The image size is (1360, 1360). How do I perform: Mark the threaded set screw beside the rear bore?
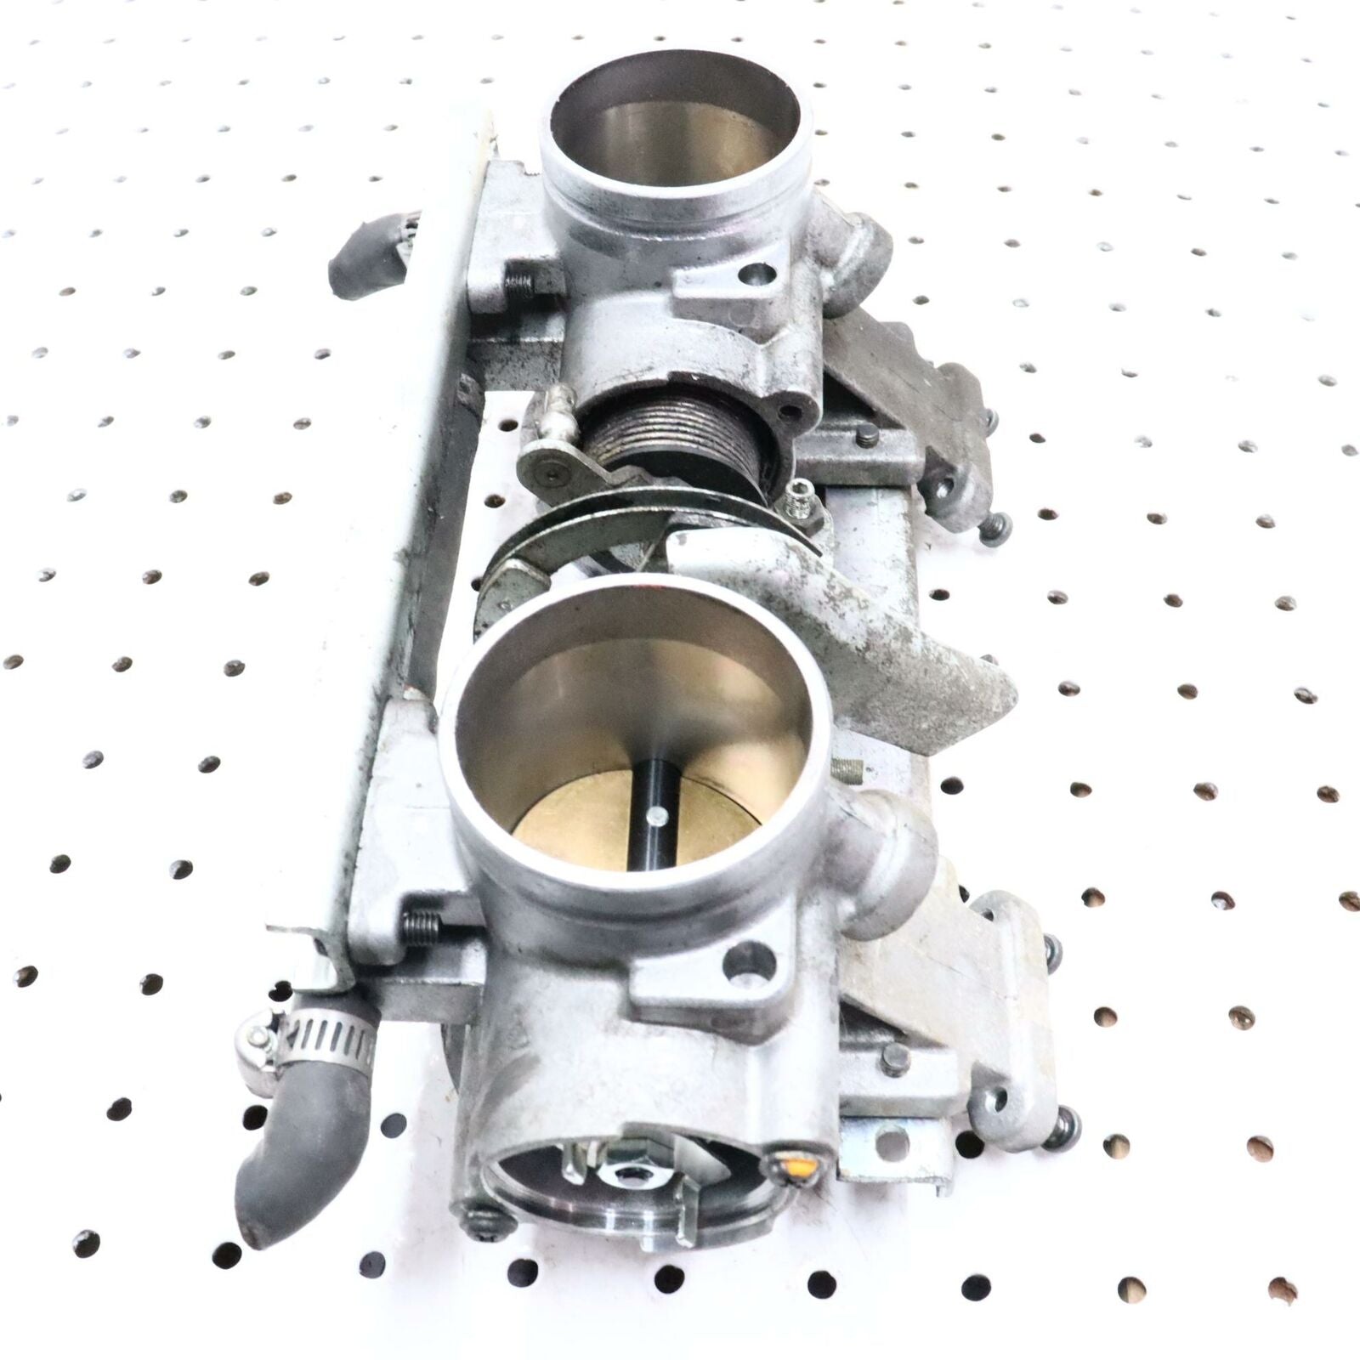coord(520,286)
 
